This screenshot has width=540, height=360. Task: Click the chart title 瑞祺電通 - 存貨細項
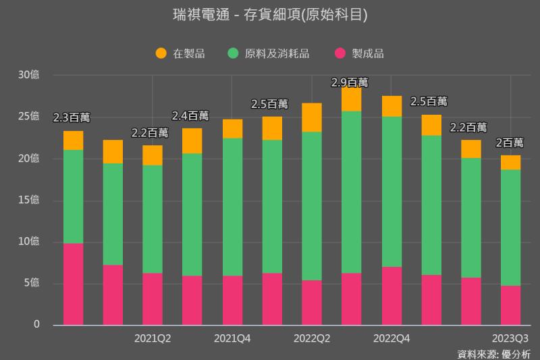click(270, 15)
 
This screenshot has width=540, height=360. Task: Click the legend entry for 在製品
click(188, 53)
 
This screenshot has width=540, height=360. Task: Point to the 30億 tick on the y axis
click(29, 75)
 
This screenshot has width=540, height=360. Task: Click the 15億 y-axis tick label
click(29, 200)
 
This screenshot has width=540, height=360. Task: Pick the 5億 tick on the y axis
click(31, 283)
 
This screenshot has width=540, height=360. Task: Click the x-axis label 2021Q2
click(153, 338)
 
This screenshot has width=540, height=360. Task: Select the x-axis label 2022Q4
click(391, 338)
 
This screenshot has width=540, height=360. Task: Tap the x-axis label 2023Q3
click(510, 338)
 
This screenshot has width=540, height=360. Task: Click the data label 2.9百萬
click(350, 82)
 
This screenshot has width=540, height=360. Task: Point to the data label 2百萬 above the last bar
click(510, 143)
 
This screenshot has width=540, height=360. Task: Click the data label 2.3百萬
click(72, 118)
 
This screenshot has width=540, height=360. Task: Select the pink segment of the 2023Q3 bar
click(510, 305)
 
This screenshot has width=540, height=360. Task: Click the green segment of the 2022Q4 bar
click(391, 192)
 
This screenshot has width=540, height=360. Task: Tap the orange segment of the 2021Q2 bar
click(153, 155)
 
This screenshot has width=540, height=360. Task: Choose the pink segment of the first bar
click(73, 284)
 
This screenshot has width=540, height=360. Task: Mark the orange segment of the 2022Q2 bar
click(312, 118)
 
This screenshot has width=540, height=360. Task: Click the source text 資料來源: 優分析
click(494, 353)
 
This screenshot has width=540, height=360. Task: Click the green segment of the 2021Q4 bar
click(232, 207)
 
